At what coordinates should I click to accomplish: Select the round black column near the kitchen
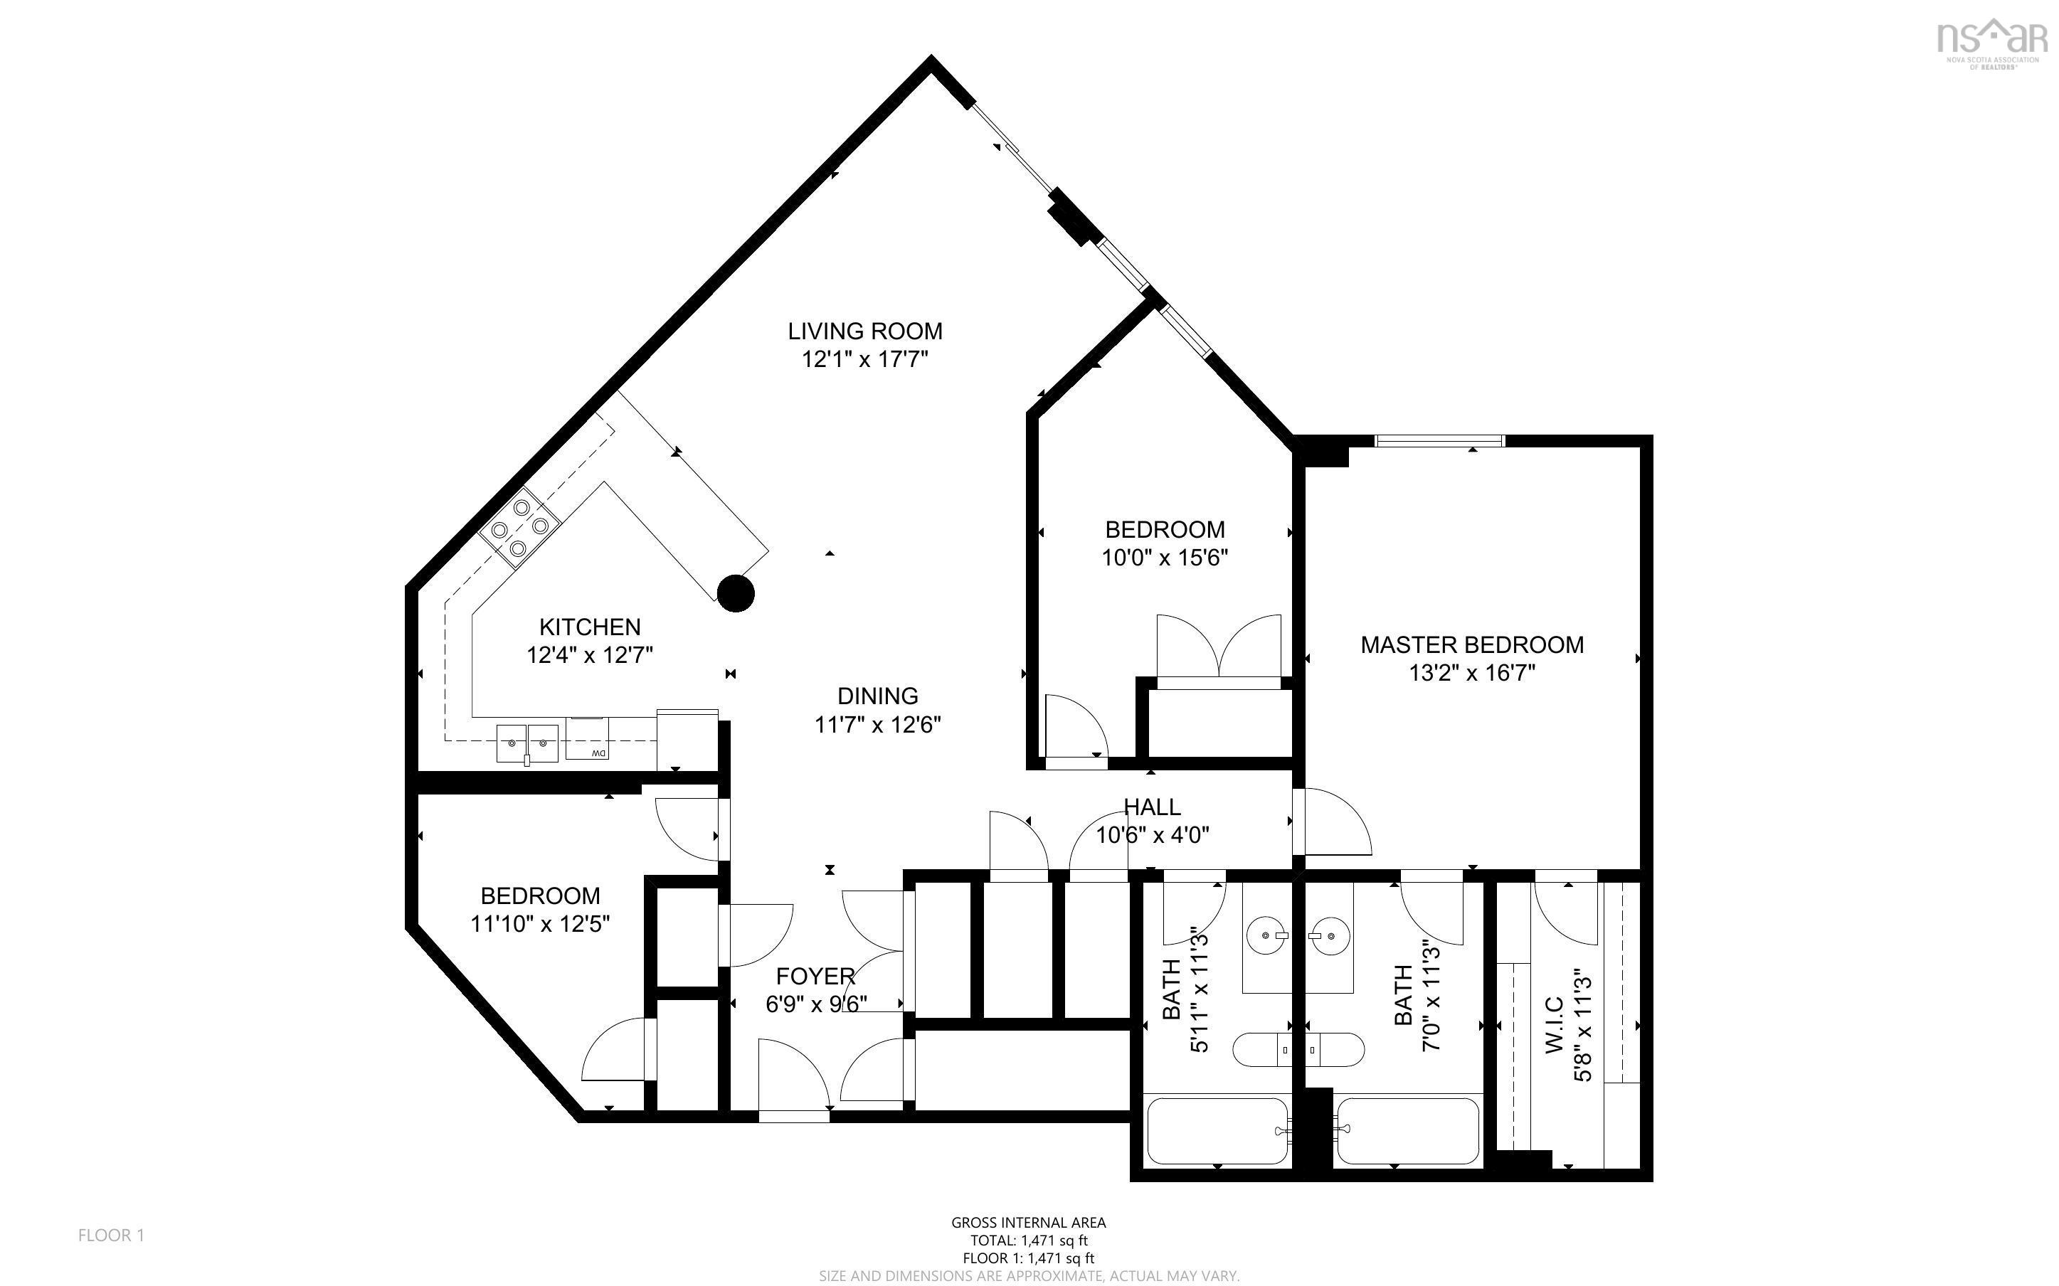click(736, 592)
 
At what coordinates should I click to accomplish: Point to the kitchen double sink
click(527, 743)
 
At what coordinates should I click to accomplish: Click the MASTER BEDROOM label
click(1471, 644)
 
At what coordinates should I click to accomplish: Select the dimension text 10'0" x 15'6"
click(1164, 558)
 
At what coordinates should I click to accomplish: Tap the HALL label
click(1152, 807)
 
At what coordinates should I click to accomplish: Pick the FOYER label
click(815, 976)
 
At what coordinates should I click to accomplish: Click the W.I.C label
click(1553, 1026)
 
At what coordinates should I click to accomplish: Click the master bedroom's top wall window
click(1439, 440)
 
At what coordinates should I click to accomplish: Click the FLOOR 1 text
click(112, 1235)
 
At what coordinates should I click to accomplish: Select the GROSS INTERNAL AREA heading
click(1028, 1222)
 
